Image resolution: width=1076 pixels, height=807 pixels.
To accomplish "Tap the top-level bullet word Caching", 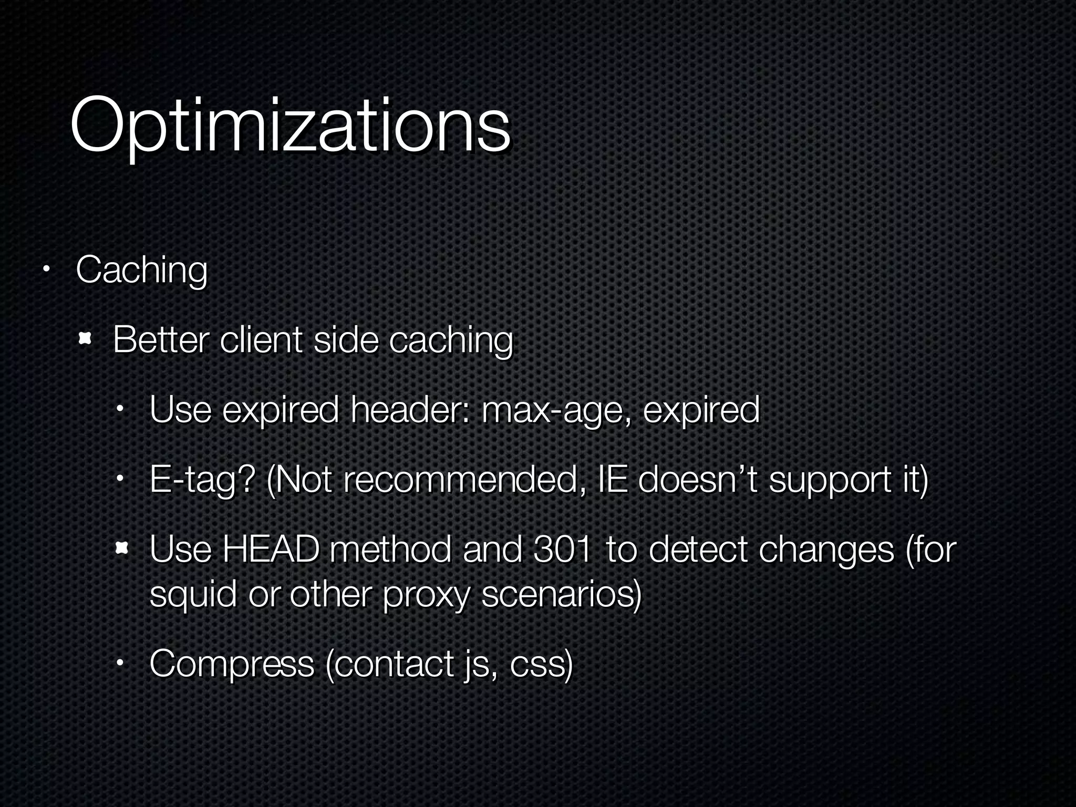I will [x=141, y=270].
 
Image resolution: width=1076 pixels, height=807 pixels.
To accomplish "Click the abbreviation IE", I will [x=612, y=480].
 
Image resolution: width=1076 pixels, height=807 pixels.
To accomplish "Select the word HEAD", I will [x=271, y=550].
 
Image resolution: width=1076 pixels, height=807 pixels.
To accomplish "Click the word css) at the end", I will [x=541, y=664].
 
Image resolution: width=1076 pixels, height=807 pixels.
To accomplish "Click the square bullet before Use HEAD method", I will [x=121, y=550].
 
